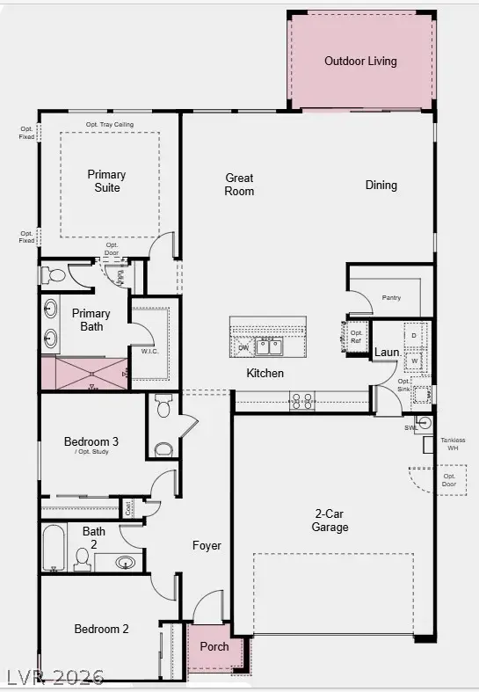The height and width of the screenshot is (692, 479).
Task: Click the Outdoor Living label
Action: tap(360, 62)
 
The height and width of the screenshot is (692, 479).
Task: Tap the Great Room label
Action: tap(239, 185)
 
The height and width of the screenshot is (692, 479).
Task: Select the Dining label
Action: tap(381, 186)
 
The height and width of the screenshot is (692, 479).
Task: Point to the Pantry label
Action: tap(391, 298)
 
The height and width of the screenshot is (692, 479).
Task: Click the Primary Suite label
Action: tap(107, 181)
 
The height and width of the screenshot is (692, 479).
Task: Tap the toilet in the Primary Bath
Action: tap(54, 275)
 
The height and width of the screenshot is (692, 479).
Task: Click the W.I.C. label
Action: tap(149, 353)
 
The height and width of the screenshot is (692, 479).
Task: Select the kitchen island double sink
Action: tap(270, 346)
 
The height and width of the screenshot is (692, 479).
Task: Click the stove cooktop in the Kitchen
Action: tap(301, 401)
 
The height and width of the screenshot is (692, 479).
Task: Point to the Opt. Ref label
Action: tap(357, 336)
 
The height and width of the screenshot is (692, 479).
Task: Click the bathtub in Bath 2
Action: tap(54, 549)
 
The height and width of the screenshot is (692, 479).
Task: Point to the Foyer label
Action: tap(207, 546)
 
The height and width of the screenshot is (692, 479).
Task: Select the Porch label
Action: tap(214, 646)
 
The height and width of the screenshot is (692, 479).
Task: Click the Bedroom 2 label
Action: tap(101, 630)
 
